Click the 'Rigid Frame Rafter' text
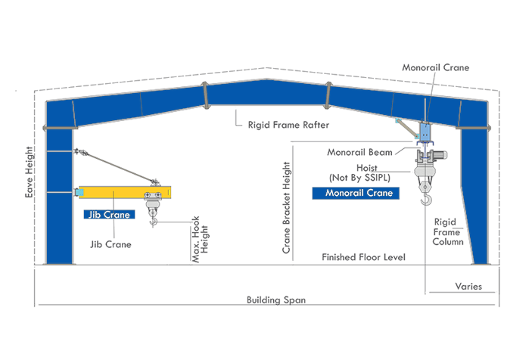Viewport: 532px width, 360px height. click(281, 123)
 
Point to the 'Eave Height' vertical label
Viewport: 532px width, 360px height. click(29, 172)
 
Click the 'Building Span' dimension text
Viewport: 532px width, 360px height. click(276, 300)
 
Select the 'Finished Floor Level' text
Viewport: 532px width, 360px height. click(363, 258)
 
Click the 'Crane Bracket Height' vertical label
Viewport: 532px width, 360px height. click(287, 206)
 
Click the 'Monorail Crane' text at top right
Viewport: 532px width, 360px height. click(436, 68)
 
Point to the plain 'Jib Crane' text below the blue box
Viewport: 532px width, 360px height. click(111, 244)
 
